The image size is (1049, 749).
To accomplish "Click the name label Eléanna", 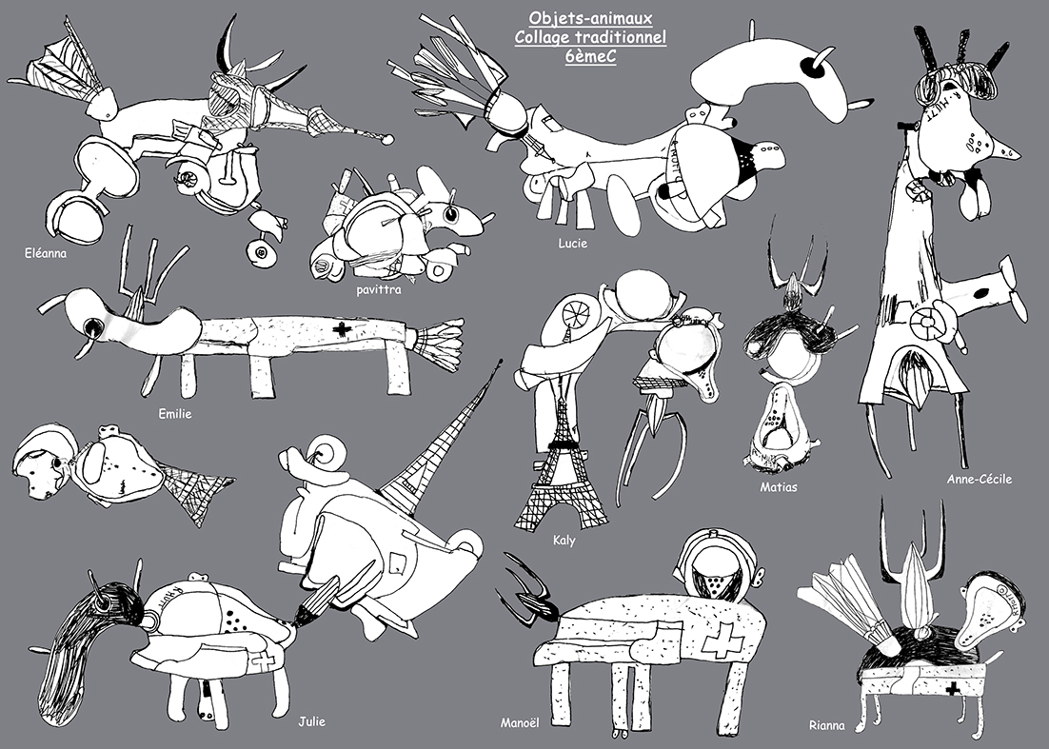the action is tap(46, 253).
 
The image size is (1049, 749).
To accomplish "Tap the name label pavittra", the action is tap(379, 290).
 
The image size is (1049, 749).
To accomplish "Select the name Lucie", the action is tap(573, 244).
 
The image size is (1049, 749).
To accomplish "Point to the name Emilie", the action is tap(174, 414).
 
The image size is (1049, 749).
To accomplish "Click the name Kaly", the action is tap(564, 541).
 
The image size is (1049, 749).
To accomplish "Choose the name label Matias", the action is tap(778, 487).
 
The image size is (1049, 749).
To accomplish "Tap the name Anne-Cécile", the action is tap(980, 479).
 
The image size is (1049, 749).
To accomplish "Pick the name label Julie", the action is tap(312, 721).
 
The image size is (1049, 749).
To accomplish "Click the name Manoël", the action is tap(520, 723).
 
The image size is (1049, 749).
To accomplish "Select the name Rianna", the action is tap(827, 725).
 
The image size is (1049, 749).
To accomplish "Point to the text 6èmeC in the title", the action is tap(590, 57).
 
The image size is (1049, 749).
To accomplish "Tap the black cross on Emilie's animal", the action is tap(343, 329).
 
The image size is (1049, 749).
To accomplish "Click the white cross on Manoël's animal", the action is tap(721, 640).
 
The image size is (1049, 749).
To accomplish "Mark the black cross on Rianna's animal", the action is tap(953, 689).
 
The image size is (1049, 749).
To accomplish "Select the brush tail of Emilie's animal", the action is tap(436, 343).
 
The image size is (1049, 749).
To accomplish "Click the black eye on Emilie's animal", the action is tap(91, 327).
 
